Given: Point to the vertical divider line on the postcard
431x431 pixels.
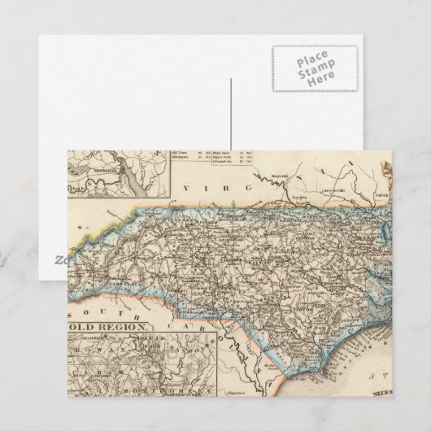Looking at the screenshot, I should pyautogui.click(x=230, y=114).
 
